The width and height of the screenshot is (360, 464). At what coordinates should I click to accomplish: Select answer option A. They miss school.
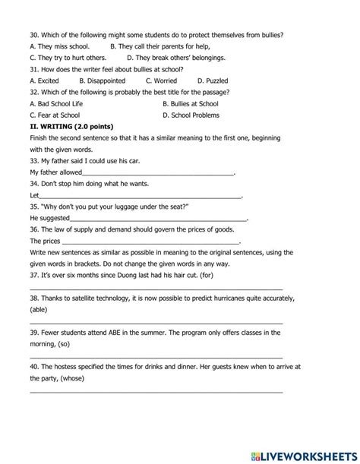click(59, 46)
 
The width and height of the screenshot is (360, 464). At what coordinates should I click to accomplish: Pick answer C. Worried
click(160, 80)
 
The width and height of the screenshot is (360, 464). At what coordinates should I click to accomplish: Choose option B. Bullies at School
click(190, 103)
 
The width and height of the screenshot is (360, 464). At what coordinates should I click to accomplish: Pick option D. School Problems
click(191, 115)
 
